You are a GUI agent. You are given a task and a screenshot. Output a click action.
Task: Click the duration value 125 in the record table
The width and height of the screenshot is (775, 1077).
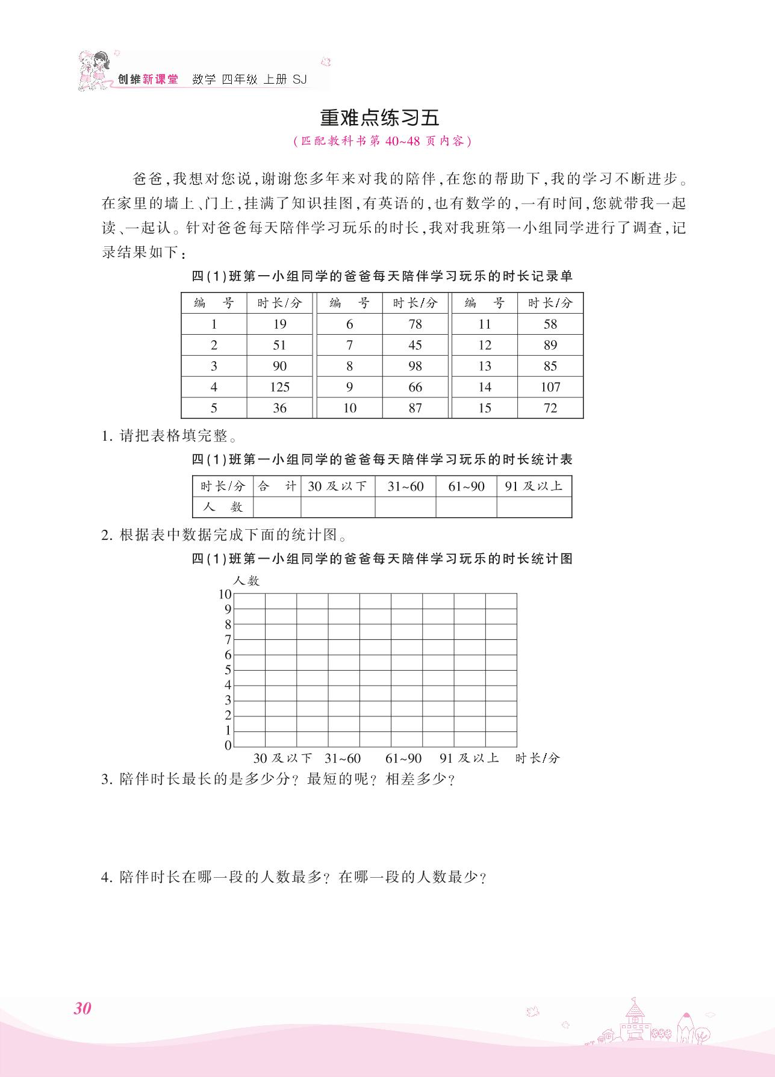point(279,387)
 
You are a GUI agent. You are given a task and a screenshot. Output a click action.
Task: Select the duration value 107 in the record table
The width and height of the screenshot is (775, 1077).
point(550,387)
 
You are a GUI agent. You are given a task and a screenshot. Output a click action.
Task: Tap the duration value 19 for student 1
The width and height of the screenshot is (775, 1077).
point(279,324)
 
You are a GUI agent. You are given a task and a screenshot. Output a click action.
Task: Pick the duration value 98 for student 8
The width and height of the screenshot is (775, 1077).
point(415,366)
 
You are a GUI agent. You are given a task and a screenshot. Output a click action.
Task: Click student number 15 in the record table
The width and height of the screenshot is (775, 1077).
point(485,408)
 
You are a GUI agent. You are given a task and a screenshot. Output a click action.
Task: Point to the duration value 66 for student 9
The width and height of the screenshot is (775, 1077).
point(415,387)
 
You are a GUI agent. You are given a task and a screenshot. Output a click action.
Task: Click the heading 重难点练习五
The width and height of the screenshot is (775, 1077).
point(379,117)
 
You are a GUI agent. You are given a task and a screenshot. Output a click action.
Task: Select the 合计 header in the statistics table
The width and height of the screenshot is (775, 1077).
point(277,486)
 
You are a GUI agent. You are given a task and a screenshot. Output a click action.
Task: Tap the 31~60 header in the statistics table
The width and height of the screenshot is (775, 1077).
point(405,486)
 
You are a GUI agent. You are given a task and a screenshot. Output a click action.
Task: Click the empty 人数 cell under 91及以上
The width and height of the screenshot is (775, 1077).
point(534,507)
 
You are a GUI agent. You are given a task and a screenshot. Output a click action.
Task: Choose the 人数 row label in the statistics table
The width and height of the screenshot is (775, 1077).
point(223,507)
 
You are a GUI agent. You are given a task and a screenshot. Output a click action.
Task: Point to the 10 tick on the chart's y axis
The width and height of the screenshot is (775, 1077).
point(225,595)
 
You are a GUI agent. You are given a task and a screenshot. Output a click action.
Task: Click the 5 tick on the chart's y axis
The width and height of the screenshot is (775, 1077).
point(228,670)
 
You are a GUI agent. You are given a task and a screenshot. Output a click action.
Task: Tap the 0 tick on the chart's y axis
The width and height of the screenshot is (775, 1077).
point(228,745)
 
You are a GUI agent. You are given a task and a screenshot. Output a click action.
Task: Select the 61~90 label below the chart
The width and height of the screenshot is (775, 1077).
point(403,759)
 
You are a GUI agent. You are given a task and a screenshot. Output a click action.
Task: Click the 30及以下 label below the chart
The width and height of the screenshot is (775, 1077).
point(282,759)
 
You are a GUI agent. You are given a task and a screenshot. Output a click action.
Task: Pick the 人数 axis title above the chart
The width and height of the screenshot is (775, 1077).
point(246,581)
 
